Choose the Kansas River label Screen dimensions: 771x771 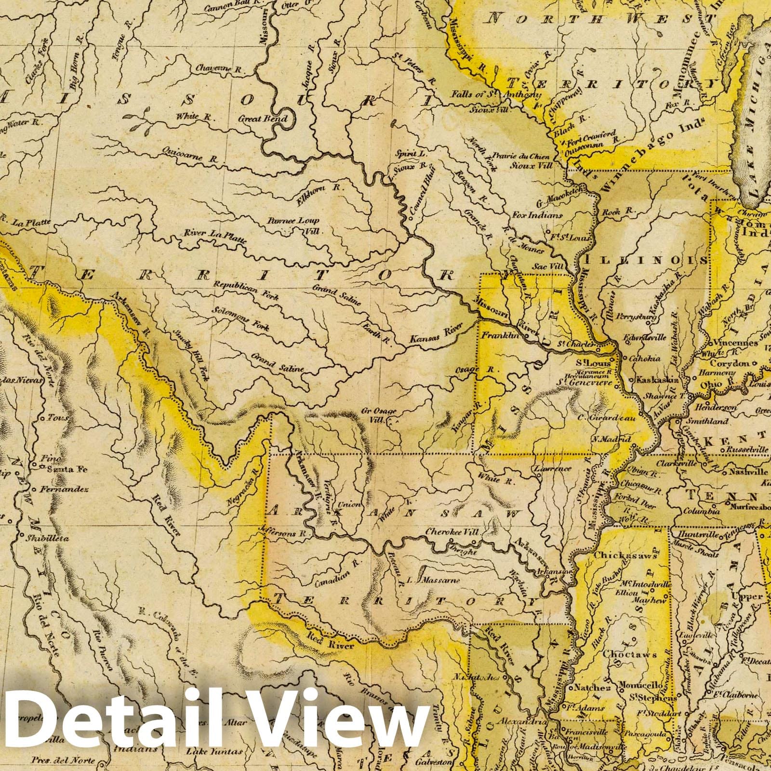pyautogui.click(x=437, y=334)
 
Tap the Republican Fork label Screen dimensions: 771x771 pyautogui.click(x=247, y=291)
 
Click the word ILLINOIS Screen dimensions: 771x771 pyautogui.click(x=646, y=260)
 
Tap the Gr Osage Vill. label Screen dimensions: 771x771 pyautogui.click(x=378, y=415)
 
